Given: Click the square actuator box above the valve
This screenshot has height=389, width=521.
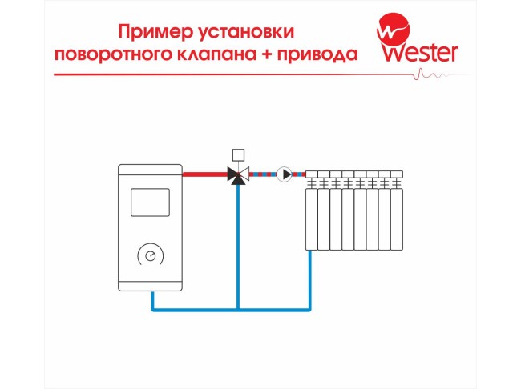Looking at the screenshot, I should point(237,154).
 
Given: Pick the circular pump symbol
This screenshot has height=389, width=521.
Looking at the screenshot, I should point(284,174).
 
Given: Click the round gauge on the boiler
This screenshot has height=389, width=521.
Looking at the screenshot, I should point(151,255).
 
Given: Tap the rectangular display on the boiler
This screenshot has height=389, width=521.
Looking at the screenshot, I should point(151,202).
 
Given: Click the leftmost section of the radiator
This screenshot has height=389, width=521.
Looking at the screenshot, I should point(312,212).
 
